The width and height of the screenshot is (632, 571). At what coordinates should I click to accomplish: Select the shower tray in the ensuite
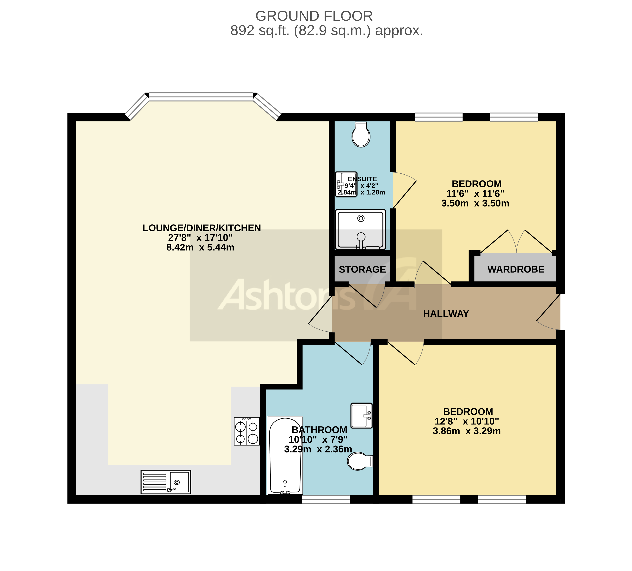click(x=361, y=230)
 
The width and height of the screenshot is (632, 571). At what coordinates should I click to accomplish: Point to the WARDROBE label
click(x=516, y=269)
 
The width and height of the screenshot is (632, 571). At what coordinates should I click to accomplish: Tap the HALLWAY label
click(x=446, y=314)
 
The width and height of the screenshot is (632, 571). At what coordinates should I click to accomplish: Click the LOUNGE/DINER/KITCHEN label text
click(x=202, y=228)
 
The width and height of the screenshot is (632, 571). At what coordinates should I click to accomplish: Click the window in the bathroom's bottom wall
click(x=325, y=499)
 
